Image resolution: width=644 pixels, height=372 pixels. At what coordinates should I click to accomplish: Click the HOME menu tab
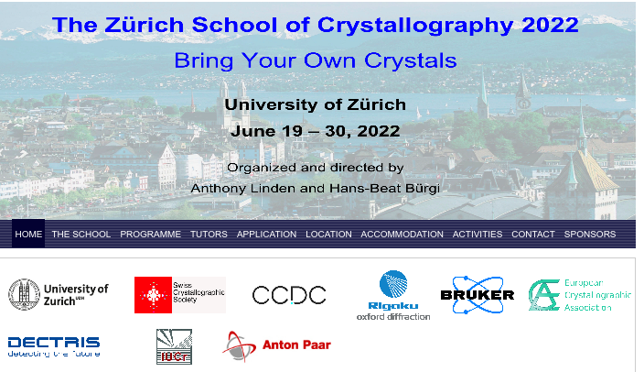coord(28,235)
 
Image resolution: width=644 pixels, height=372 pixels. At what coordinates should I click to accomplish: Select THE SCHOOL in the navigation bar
coord(80,235)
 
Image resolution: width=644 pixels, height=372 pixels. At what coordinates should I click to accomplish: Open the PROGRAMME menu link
coord(150,235)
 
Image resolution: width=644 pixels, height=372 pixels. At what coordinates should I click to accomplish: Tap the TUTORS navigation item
coord(209,235)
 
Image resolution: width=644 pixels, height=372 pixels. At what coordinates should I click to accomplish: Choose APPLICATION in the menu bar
coord(266,235)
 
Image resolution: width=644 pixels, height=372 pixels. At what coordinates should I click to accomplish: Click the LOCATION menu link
coord(328,235)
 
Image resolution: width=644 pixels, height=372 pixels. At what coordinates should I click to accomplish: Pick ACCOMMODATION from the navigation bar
coord(402,235)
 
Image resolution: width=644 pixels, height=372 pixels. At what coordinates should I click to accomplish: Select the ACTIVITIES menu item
coord(478,235)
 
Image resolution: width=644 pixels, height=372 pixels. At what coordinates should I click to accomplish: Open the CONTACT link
coord(533,235)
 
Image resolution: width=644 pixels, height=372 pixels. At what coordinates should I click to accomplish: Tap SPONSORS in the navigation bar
coord(590,235)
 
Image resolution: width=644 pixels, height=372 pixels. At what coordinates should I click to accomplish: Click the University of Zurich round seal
coord(24,294)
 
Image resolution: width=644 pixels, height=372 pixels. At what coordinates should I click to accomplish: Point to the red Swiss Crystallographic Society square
coord(153,295)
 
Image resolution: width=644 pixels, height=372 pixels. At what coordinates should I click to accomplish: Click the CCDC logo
coord(289,295)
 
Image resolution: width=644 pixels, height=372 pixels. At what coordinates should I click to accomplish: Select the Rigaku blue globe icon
coord(393,284)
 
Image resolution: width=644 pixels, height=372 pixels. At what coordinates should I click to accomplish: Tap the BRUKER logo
coord(478,295)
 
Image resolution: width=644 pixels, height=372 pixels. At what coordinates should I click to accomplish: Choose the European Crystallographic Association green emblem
coord(544,295)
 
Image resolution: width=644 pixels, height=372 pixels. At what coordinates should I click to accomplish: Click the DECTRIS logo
coord(54,346)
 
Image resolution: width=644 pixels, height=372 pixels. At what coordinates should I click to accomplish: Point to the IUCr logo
coord(174,346)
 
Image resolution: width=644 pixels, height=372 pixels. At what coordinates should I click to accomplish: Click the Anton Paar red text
coord(296,345)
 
